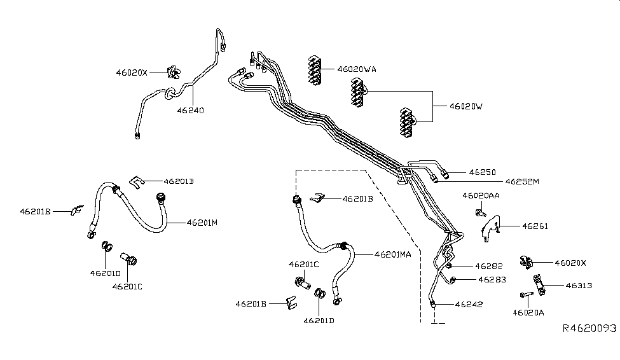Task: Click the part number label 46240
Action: (191, 110)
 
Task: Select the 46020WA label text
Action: (357, 69)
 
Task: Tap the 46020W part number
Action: (466, 106)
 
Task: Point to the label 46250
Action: (482, 172)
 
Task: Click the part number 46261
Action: (535, 226)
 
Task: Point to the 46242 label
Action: (469, 304)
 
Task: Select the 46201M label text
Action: (202, 223)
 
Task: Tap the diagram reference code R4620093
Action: (589, 329)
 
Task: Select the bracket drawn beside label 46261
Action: (490, 227)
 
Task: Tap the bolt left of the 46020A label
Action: (525, 294)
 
